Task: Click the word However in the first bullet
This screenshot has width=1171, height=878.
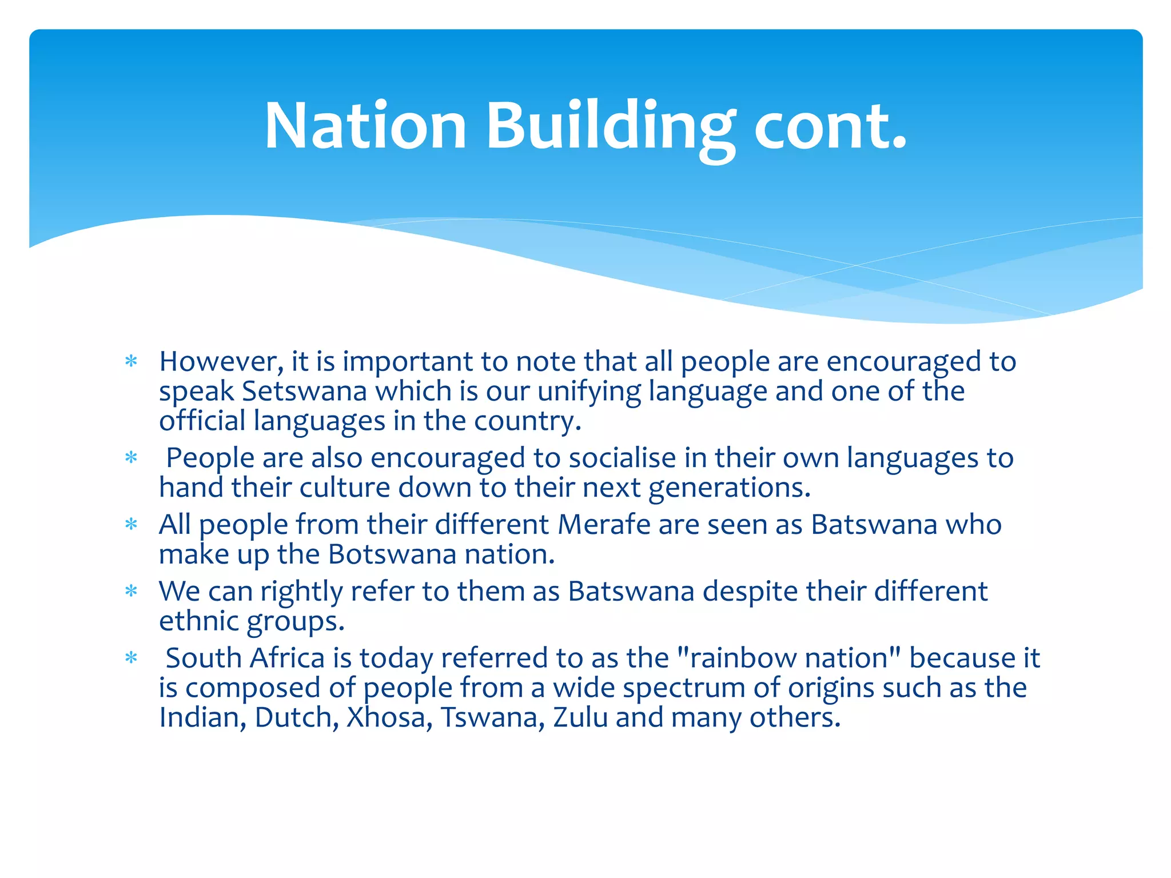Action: click(x=221, y=362)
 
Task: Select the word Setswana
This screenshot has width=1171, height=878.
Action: click(x=305, y=392)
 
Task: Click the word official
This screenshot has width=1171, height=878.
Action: click(x=202, y=421)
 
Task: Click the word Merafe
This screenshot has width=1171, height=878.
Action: click(x=604, y=525)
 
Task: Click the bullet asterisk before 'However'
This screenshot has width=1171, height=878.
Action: click(x=132, y=362)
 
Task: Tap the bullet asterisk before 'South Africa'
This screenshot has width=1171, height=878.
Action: click(x=132, y=658)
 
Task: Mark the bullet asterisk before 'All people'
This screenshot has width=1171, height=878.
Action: click(x=132, y=525)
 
